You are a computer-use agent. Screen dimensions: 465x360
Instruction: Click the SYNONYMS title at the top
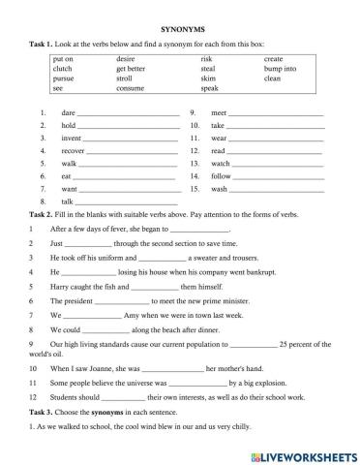(x=180, y=30)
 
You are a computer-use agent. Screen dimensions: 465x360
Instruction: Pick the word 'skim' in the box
(x=207, y=78)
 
